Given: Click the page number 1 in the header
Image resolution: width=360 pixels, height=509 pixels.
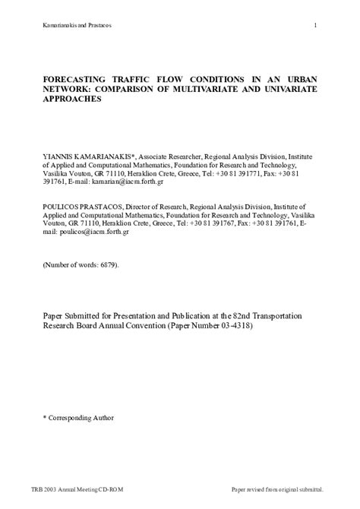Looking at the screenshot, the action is (x=314, y=27).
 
